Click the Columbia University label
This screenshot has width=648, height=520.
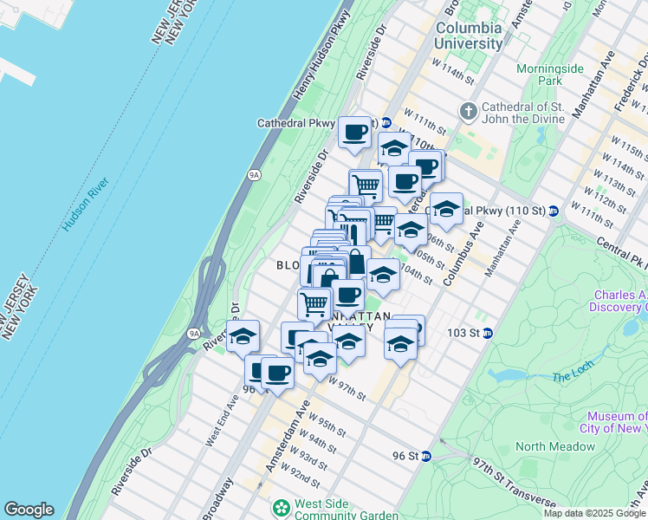click(469, 35)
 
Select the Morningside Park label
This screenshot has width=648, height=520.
click(550, 75)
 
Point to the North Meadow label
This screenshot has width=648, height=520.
click(554, 446)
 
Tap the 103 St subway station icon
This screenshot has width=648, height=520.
click(488, 333)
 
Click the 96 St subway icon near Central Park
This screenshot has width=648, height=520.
click(426, 456)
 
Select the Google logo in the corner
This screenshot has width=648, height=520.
click(28, 510)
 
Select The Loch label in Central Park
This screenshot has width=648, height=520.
click(572, 376)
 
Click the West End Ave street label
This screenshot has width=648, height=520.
click(221, 422)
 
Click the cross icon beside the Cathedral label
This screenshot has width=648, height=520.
click(469, 111)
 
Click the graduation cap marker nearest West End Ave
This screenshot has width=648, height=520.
click(243, 336)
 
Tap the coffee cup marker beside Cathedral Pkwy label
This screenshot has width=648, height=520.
click(354, 133)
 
